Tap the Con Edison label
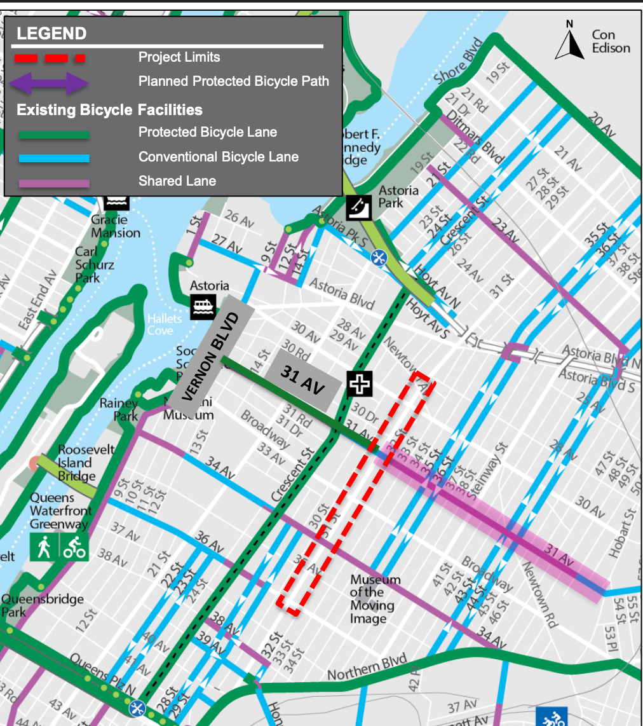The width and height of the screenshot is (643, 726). (610, 41)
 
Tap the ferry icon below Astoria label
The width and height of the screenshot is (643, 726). (203, 307)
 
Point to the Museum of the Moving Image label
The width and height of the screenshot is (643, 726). (376, 599)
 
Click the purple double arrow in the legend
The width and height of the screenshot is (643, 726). (50, 82)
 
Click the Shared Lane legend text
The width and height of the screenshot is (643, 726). (177, 181)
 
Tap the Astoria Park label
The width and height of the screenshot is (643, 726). (398, 196)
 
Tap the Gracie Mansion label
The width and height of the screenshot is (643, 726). (115, 226)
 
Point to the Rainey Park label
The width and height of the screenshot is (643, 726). (119, 409)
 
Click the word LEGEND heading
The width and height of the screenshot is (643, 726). (51, 34)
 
